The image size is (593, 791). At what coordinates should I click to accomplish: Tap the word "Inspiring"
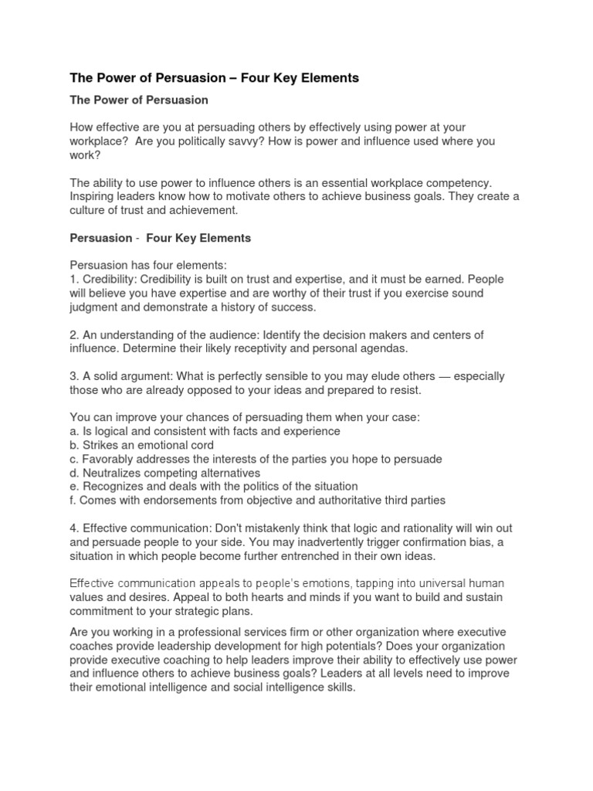pyautogui.click(x=94, y=196)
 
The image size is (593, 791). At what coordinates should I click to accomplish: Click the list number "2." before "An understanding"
pyautogui.click(x=75, y=334)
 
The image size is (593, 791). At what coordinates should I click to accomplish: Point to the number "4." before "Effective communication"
pyautogui.click(x=75, y=528)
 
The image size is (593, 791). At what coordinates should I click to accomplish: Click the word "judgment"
pyautogui.click(x=95, y=307)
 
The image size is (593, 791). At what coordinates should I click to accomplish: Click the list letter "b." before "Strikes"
pyautogui.click(x=76, y=445)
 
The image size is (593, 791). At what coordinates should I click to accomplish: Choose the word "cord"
pyautogui.click(x=200, y=445)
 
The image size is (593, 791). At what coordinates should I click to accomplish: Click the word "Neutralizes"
pyautogui.click(x=119, y=473)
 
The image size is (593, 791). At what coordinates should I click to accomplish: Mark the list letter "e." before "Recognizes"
pyautogui.click(x=76, y=487)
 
